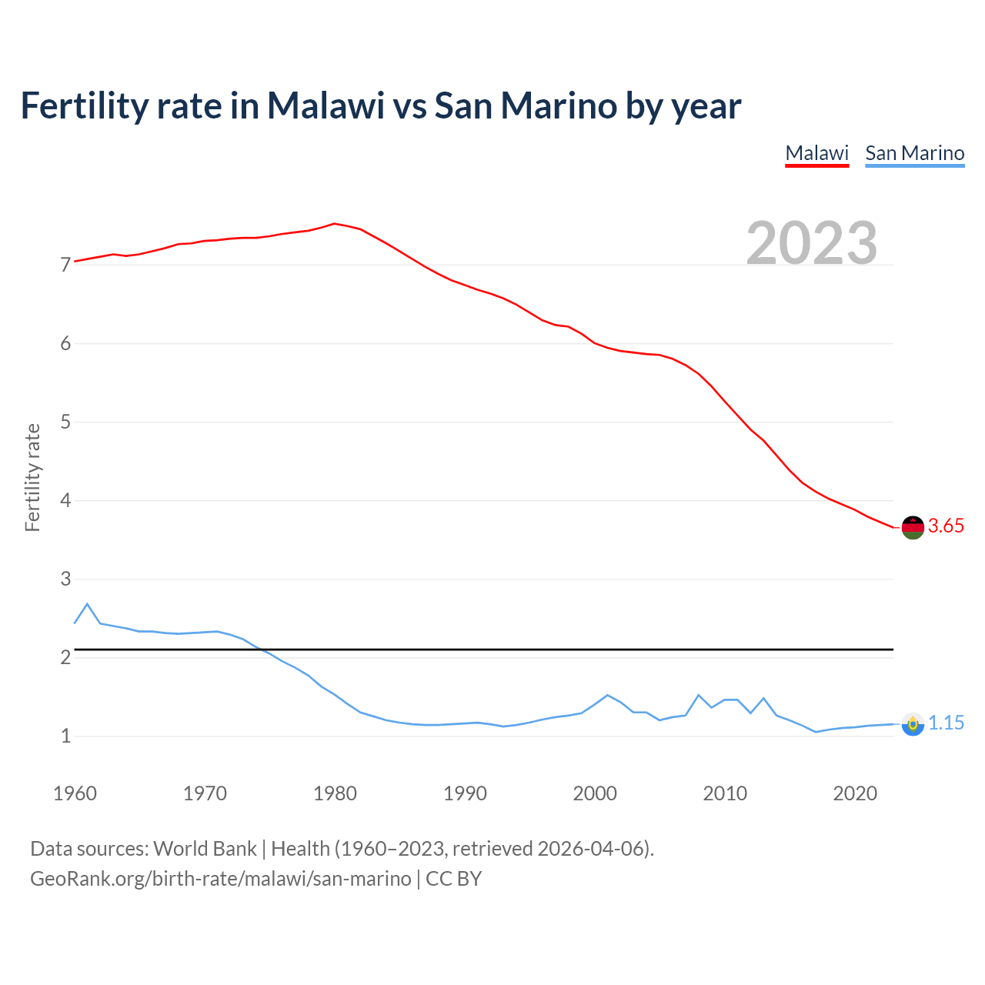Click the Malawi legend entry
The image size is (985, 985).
tap(816, 153)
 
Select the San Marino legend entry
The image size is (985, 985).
tap(914, 153)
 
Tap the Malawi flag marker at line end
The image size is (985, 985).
tap(913, 527)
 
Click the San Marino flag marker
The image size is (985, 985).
tap(913, 724)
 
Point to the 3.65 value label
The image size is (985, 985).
tap(946, 526)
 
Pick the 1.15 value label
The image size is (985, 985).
tap(946, 723)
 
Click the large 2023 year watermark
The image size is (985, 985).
tap(812, 243)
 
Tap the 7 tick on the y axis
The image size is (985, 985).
tap(65, 265)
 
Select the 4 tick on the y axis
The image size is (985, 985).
tap(65, 501)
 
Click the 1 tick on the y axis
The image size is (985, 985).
tap(65, 736)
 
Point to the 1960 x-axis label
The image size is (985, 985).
tap(75, 793)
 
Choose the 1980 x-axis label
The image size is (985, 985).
tap(335, 793)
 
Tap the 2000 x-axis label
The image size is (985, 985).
tap(595, 793)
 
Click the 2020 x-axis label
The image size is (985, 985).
tap(855, 793)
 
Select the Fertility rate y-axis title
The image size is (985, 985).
tap(32, 477)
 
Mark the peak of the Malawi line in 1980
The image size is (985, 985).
tap(334, 223)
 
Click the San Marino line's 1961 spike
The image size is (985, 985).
tap(87, 604)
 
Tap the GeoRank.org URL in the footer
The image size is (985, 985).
tap(220, 879)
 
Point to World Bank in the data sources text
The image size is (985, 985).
tap(205, 849)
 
